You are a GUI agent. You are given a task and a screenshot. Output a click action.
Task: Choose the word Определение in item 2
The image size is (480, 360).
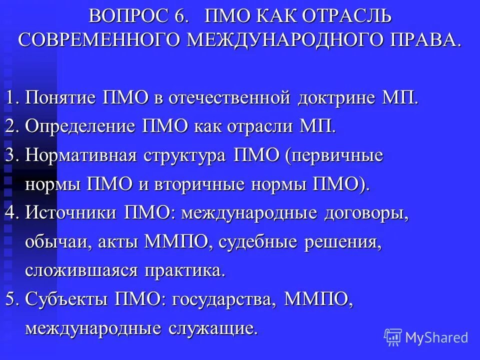coord(80,125)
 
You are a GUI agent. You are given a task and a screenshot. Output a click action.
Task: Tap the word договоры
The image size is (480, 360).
coord(367,213)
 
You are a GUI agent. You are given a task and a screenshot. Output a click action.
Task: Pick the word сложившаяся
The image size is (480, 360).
coord(82,271)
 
